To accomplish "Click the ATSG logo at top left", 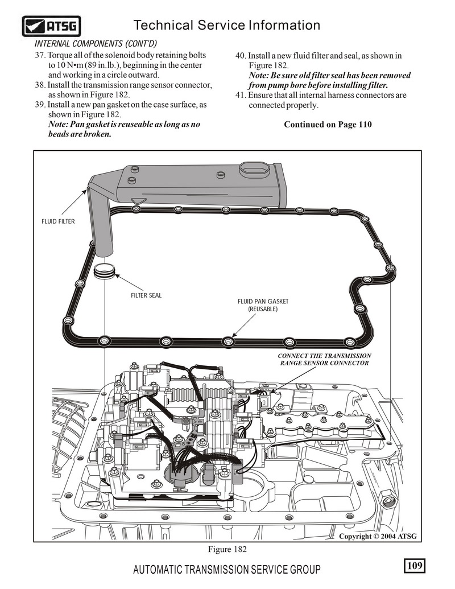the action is pyautogui.click(x=51, y=26).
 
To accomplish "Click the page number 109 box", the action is pyautogui.click(x=415, y=565).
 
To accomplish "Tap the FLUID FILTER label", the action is pyautogui.click(x=58, y=221).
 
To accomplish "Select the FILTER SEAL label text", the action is pyautogui.click(x=146, y=295).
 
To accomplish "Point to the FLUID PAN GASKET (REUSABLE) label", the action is pyautogui.click(x=263, y=305).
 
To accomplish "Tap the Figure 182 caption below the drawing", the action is pyautogui.click(x=227, y=549).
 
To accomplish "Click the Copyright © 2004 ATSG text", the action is pyautogui.click(x=378, y=536).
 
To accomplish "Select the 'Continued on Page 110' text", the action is pyautogui.click(x=328, y=124).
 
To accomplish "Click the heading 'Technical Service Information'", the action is pyautogui.click(x=227, y=25).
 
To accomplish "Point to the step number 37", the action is pyautogui.click(x=40, y=55).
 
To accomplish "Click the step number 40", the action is pyautogui.click(x=241, y=56).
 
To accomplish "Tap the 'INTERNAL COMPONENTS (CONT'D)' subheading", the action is pyautogui.click(x=96, y=44).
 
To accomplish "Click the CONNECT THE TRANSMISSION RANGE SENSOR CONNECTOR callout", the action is pyautogui.click(x=324, y=360).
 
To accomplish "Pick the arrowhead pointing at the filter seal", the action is pyautogui.click(x=117, y=276).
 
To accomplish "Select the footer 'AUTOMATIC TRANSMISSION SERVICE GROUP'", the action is pyautogui.click(x=227, y=570).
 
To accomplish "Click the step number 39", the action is pyautogui.click(x=40, y=105).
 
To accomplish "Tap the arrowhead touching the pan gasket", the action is pyautogui.click(x=234, y=335).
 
